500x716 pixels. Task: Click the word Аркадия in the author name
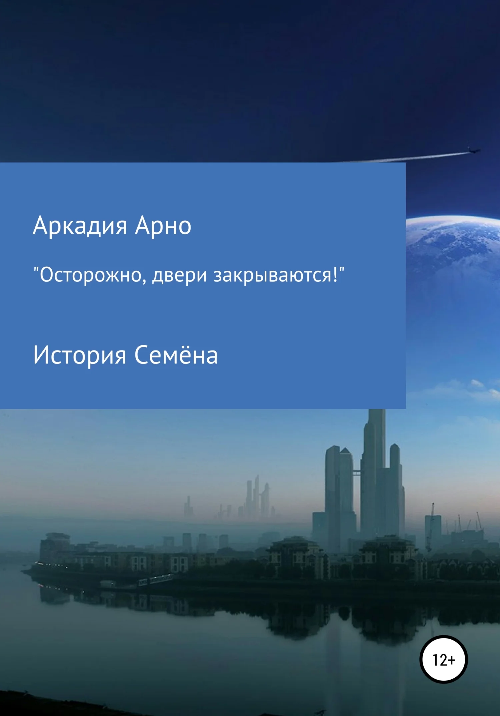click(x=80, y=226)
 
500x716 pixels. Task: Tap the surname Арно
click(x=163, y=226)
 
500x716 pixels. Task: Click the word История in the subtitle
click(x=80, y=355)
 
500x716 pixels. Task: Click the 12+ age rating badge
click(x=443, y=660)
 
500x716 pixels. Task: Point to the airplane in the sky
click(x=473, y=151)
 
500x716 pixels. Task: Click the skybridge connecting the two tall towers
click(x=357, y=472)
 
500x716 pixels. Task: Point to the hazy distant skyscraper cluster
click(x=257, y=497)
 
